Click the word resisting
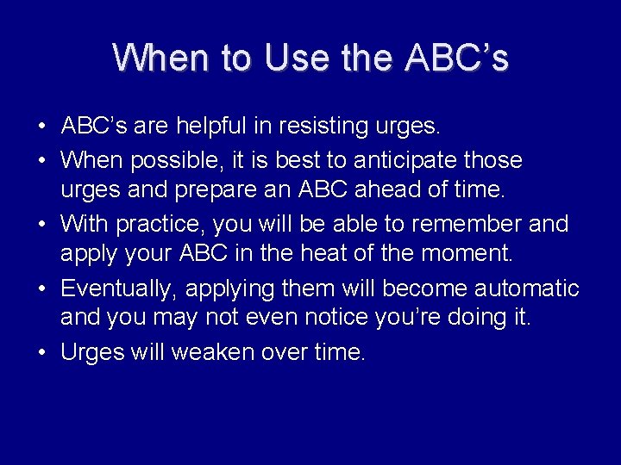(319, 127)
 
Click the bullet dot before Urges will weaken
(41, 352)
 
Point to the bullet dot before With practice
(41, 225)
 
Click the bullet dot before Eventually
(41, 288)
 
